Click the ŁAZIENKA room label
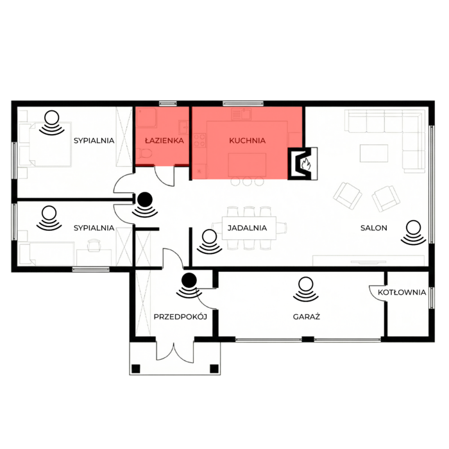[164, 140]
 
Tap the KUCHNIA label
[248, 140]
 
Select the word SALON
[374, 228]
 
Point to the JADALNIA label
[248, 228]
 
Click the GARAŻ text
[307, 316]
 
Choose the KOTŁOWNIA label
[402, 292]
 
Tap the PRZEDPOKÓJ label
[180, 317]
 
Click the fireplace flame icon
[306, 164]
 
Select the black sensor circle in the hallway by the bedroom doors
[145, 199]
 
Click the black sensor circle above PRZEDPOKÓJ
[189, 280]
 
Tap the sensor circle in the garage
[306, 284]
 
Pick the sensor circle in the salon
[414, 228]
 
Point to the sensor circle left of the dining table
[210, 237]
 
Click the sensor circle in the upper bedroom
[52, 117]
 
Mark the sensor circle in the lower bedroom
[49, 214]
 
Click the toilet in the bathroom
[144, 153]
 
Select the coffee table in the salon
[374, 153]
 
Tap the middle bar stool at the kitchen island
[247, 182]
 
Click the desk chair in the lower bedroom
[94, 246]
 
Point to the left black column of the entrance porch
[136, 369]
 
